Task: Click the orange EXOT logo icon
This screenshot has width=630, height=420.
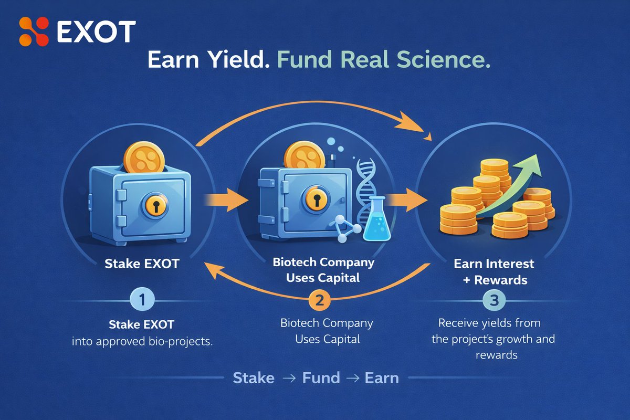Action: pos(34,31)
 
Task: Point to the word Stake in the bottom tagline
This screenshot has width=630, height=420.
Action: pos(254,378)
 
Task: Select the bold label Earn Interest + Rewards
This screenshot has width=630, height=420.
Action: pos(493,271)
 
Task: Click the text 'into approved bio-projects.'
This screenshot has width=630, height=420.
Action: pos(143,341)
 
